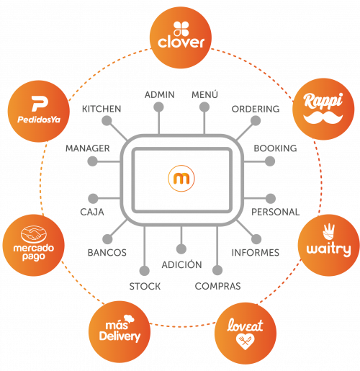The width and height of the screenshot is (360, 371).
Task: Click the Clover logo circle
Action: [181, 37]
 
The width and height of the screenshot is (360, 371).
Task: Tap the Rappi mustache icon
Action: [323, 117]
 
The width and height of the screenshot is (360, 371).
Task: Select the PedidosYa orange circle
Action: [39, 111]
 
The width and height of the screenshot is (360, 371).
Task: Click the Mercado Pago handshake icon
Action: [34, 234]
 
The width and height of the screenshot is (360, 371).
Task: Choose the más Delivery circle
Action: [120, 332]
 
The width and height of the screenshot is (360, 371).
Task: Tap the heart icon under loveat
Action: [245, 341]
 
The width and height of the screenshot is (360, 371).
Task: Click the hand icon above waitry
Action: [328, 232]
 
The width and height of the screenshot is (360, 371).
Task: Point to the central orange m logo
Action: [181, 179]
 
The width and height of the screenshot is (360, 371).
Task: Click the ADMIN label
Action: [159, 95]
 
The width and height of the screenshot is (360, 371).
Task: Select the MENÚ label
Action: [204, 94]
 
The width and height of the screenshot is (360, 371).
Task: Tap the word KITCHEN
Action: [102, 109]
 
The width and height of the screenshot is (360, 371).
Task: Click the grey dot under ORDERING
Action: [256, 121]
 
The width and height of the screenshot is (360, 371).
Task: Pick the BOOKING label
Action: [275, 148]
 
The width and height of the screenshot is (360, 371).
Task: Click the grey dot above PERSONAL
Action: [271, 198]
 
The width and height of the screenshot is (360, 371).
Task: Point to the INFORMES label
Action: [256, 253]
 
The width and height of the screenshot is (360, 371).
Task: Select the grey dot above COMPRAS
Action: [217, 270]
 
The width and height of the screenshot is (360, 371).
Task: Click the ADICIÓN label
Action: [181, 264]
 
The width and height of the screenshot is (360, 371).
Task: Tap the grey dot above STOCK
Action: [145, 271]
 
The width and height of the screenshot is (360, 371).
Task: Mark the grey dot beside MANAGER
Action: [92, 161]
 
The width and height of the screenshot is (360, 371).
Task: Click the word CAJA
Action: [92, 212]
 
